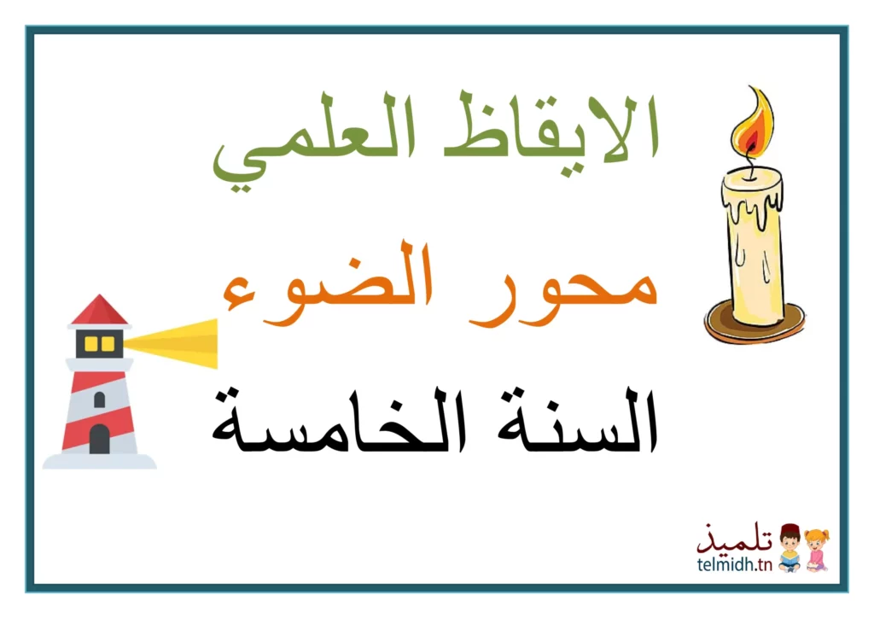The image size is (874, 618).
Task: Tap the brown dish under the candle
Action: pyautogui.click(x=755, y=324)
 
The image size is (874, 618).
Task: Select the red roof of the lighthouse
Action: pyautogui.click(x=99, y=310)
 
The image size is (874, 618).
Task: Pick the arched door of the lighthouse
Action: pyautogui.click(x=99, y=439)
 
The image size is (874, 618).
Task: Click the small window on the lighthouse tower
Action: pyautogui.click(x=99, y=399)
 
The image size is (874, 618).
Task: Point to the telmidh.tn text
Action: pyautogui.click(x=735, y=564)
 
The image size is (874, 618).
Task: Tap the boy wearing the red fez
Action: pyautogui.click(x=790, y=548)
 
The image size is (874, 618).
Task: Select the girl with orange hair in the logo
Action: pyautogui.click(x=816, y=551)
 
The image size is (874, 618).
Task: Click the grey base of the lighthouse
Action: pyautogui.click(x=99, y=462)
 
